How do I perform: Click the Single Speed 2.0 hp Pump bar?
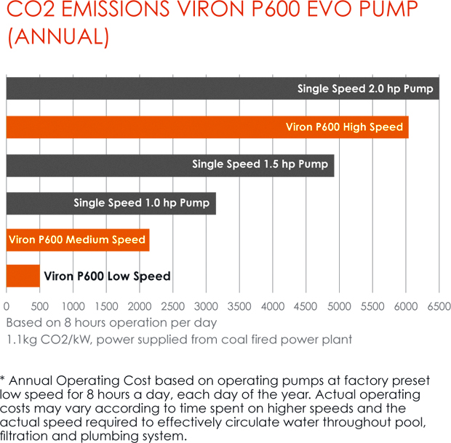tap(223, 89)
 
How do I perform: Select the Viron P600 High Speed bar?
tap(207, 127)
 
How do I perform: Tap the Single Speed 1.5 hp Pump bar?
tap(170, 164)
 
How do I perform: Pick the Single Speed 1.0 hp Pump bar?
tap(111, 202)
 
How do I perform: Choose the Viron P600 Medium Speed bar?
tap(78, 240)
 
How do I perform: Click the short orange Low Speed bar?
tap(23, 276)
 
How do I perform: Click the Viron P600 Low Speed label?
tap(107, 276)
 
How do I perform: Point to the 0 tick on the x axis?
tap(7, 306)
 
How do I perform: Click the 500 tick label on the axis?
tap(39, 306)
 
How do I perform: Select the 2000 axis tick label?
tap(140, 306)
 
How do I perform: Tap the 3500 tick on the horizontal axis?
tap(240, 306)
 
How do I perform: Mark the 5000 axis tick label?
tap(340, 306)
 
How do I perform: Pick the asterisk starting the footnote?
tap(4, 379)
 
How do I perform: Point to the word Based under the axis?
tap(23, 322)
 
